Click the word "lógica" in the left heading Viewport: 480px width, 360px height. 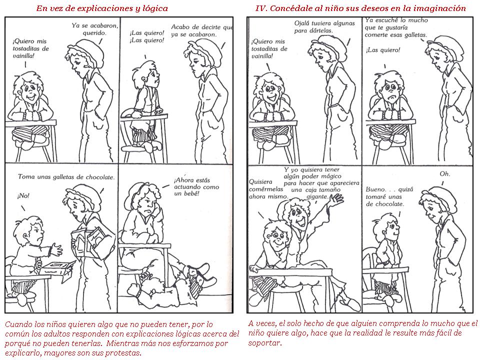[155, 8]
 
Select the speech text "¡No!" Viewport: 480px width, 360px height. [23, 195]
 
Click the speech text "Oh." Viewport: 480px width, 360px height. [445, 174]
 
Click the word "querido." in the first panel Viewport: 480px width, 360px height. [94, 33]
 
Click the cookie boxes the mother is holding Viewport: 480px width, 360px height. [88, 239]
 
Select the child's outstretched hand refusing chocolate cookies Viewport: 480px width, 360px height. [56, 249]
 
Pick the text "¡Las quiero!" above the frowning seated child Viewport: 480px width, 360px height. [383, 50]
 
